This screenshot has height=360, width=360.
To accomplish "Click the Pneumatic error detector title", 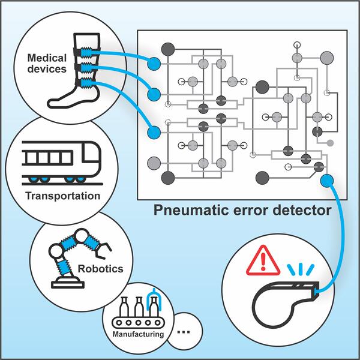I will point(242,211).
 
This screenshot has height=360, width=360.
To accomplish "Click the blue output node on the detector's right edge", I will point(327,179).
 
